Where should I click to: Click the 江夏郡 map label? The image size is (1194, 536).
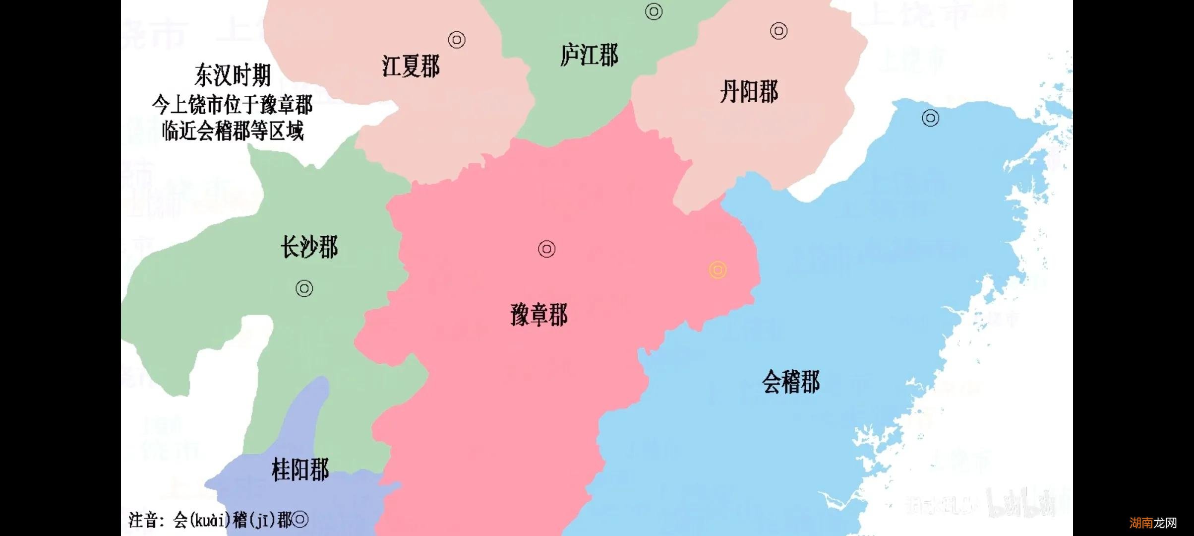pyautogui.click(x=411, y=67)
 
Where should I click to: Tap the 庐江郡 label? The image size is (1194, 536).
pyautogui.click(x=589, y=55)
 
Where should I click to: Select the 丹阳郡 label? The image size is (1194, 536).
pyautogui.click(x=749, y=92)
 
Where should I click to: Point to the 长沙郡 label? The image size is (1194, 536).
pyautogui.click(x=309, y=247)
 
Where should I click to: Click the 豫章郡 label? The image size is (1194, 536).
pyautogui.click(x=539, y=315)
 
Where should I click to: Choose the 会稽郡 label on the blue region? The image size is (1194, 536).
pyautogui.click(x=791, y=382)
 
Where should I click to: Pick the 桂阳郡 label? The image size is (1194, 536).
pyautogui.click(x=300, y=469)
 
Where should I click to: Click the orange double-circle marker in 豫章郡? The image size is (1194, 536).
pyautogui.click(x=717, y=270)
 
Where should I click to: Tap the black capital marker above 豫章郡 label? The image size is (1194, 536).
pyautogui.click(x=546, y=249)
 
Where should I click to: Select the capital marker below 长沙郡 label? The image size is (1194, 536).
pyautogui.click(x=304, y=288)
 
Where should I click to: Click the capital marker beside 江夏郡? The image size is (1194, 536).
pyautogui.click(x=457, y=40)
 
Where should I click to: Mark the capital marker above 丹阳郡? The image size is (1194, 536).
pyautogui.click(x=778, y=31)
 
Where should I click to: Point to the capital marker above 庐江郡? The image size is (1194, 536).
pyautogui.click(x=654, y=11)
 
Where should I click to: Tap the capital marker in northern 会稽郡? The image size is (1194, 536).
pyautogui.click(x=930, y=118)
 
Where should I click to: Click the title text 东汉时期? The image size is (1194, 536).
pyautogui.click(x=233, y=76)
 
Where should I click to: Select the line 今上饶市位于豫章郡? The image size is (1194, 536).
pyautogui.click(x=233, y=105)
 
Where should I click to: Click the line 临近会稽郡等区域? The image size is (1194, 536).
pyautogui.click(x=233, y=132)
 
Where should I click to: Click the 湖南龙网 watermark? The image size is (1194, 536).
pyautogui.click(x=1153, y=523)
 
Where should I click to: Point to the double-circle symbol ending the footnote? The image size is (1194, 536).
pyautogui.click(x=300, y=520)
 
